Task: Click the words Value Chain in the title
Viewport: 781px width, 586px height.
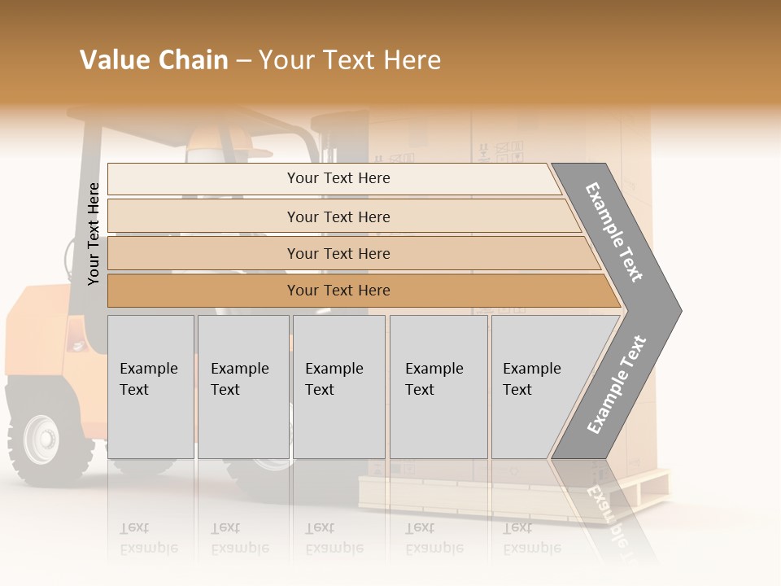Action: (154, 60)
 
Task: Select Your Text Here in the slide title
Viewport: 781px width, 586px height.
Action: (350, 60)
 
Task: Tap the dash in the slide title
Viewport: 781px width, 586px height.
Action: (243, 61)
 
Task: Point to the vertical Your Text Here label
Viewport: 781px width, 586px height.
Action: (94, 234)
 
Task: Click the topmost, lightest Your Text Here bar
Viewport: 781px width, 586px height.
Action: (338, 178)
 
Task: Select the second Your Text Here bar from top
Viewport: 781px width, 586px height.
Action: (338, 216)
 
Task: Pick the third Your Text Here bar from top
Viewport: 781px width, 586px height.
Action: (338, 253)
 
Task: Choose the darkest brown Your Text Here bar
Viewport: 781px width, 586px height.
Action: (338, 291)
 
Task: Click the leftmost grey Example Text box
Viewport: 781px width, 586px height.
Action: (151, 387)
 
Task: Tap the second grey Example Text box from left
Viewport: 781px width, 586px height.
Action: (242, 387)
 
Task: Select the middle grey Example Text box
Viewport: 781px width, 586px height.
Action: (338, 387)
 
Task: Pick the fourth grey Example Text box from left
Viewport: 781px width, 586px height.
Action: (438, 387)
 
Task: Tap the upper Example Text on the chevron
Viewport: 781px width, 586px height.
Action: (614, 233)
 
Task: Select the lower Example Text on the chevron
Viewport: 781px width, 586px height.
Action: (617, 384)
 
